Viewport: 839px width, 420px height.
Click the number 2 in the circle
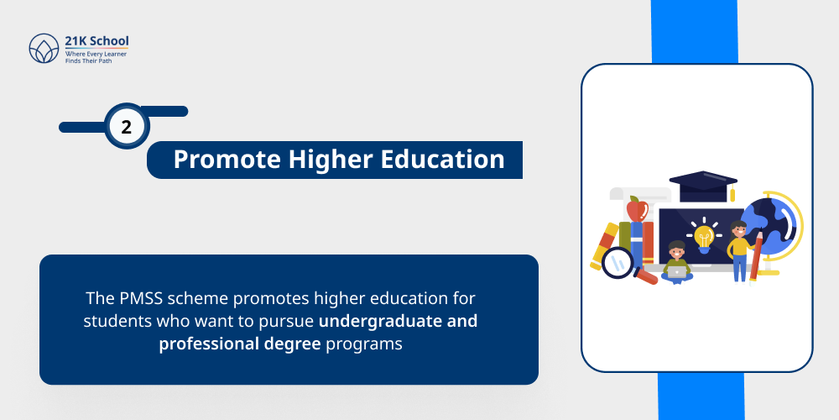(x=127, y=129)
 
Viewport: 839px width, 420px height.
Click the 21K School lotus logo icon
(x=44, y=49)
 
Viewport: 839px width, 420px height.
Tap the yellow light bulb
(x=704, y=236)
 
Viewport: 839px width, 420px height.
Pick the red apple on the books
(x=637, y=208)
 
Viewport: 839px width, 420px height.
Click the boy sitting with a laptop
(x=676, y=263)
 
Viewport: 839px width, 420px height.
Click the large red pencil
(x=757, y=256)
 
